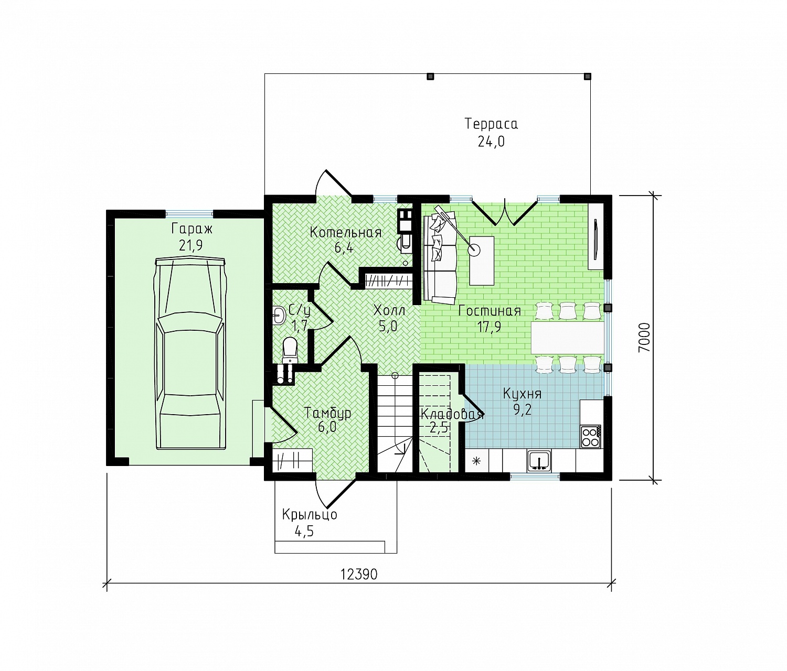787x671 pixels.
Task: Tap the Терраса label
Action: [x=491, y=124]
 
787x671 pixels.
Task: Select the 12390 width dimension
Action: [x=359, y=574]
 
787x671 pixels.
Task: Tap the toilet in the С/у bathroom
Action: [x=290, y=350]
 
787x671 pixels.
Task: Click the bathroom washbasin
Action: [x=280, y=316]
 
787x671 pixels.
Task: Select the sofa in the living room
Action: [x=440, y=258]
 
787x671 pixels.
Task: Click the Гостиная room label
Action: [x=490, y=311]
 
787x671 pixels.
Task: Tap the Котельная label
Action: [x=345, y=232]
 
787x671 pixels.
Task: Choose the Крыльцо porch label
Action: [x=310, y=515]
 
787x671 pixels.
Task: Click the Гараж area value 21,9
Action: [x=191, y=246]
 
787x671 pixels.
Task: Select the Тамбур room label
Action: [x=327, y=413]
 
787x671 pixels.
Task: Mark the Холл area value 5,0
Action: [x=388, y=327]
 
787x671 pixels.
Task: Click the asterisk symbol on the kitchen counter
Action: [x=476, y=461]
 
